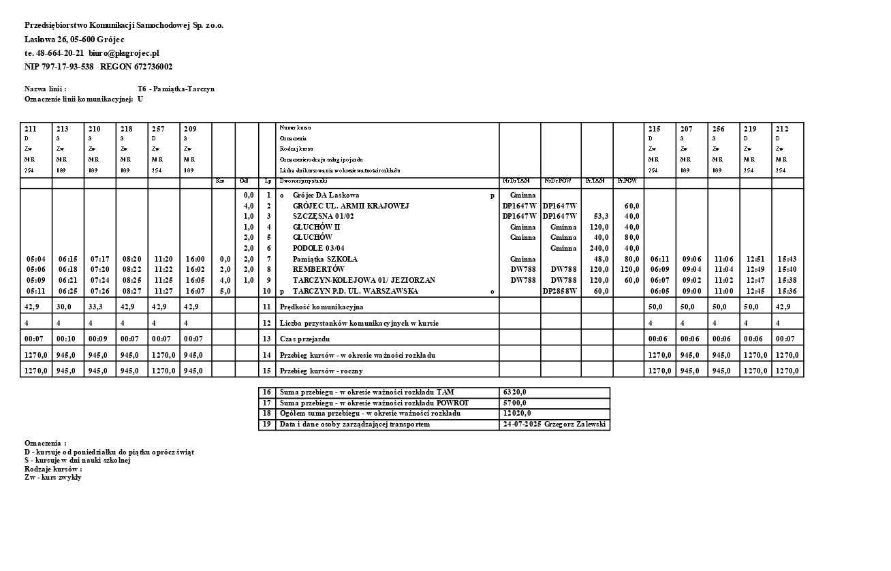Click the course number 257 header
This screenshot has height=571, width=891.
tap(157, 129)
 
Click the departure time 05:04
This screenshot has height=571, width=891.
tap(35, 259)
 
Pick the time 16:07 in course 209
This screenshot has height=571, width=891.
tap(195, 291)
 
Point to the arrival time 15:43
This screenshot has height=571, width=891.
tap(787, 259)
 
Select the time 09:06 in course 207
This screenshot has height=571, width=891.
tap(691, 259)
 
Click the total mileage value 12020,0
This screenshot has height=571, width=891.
tap(517, 414)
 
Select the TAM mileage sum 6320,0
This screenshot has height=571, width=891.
tap(515, 392)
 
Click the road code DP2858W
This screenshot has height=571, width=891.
tap(560, 291)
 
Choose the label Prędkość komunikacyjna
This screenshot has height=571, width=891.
tap(322, 307)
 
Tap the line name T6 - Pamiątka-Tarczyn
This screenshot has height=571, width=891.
tap(176, 89)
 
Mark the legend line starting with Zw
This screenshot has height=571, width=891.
tap(53, 478)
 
